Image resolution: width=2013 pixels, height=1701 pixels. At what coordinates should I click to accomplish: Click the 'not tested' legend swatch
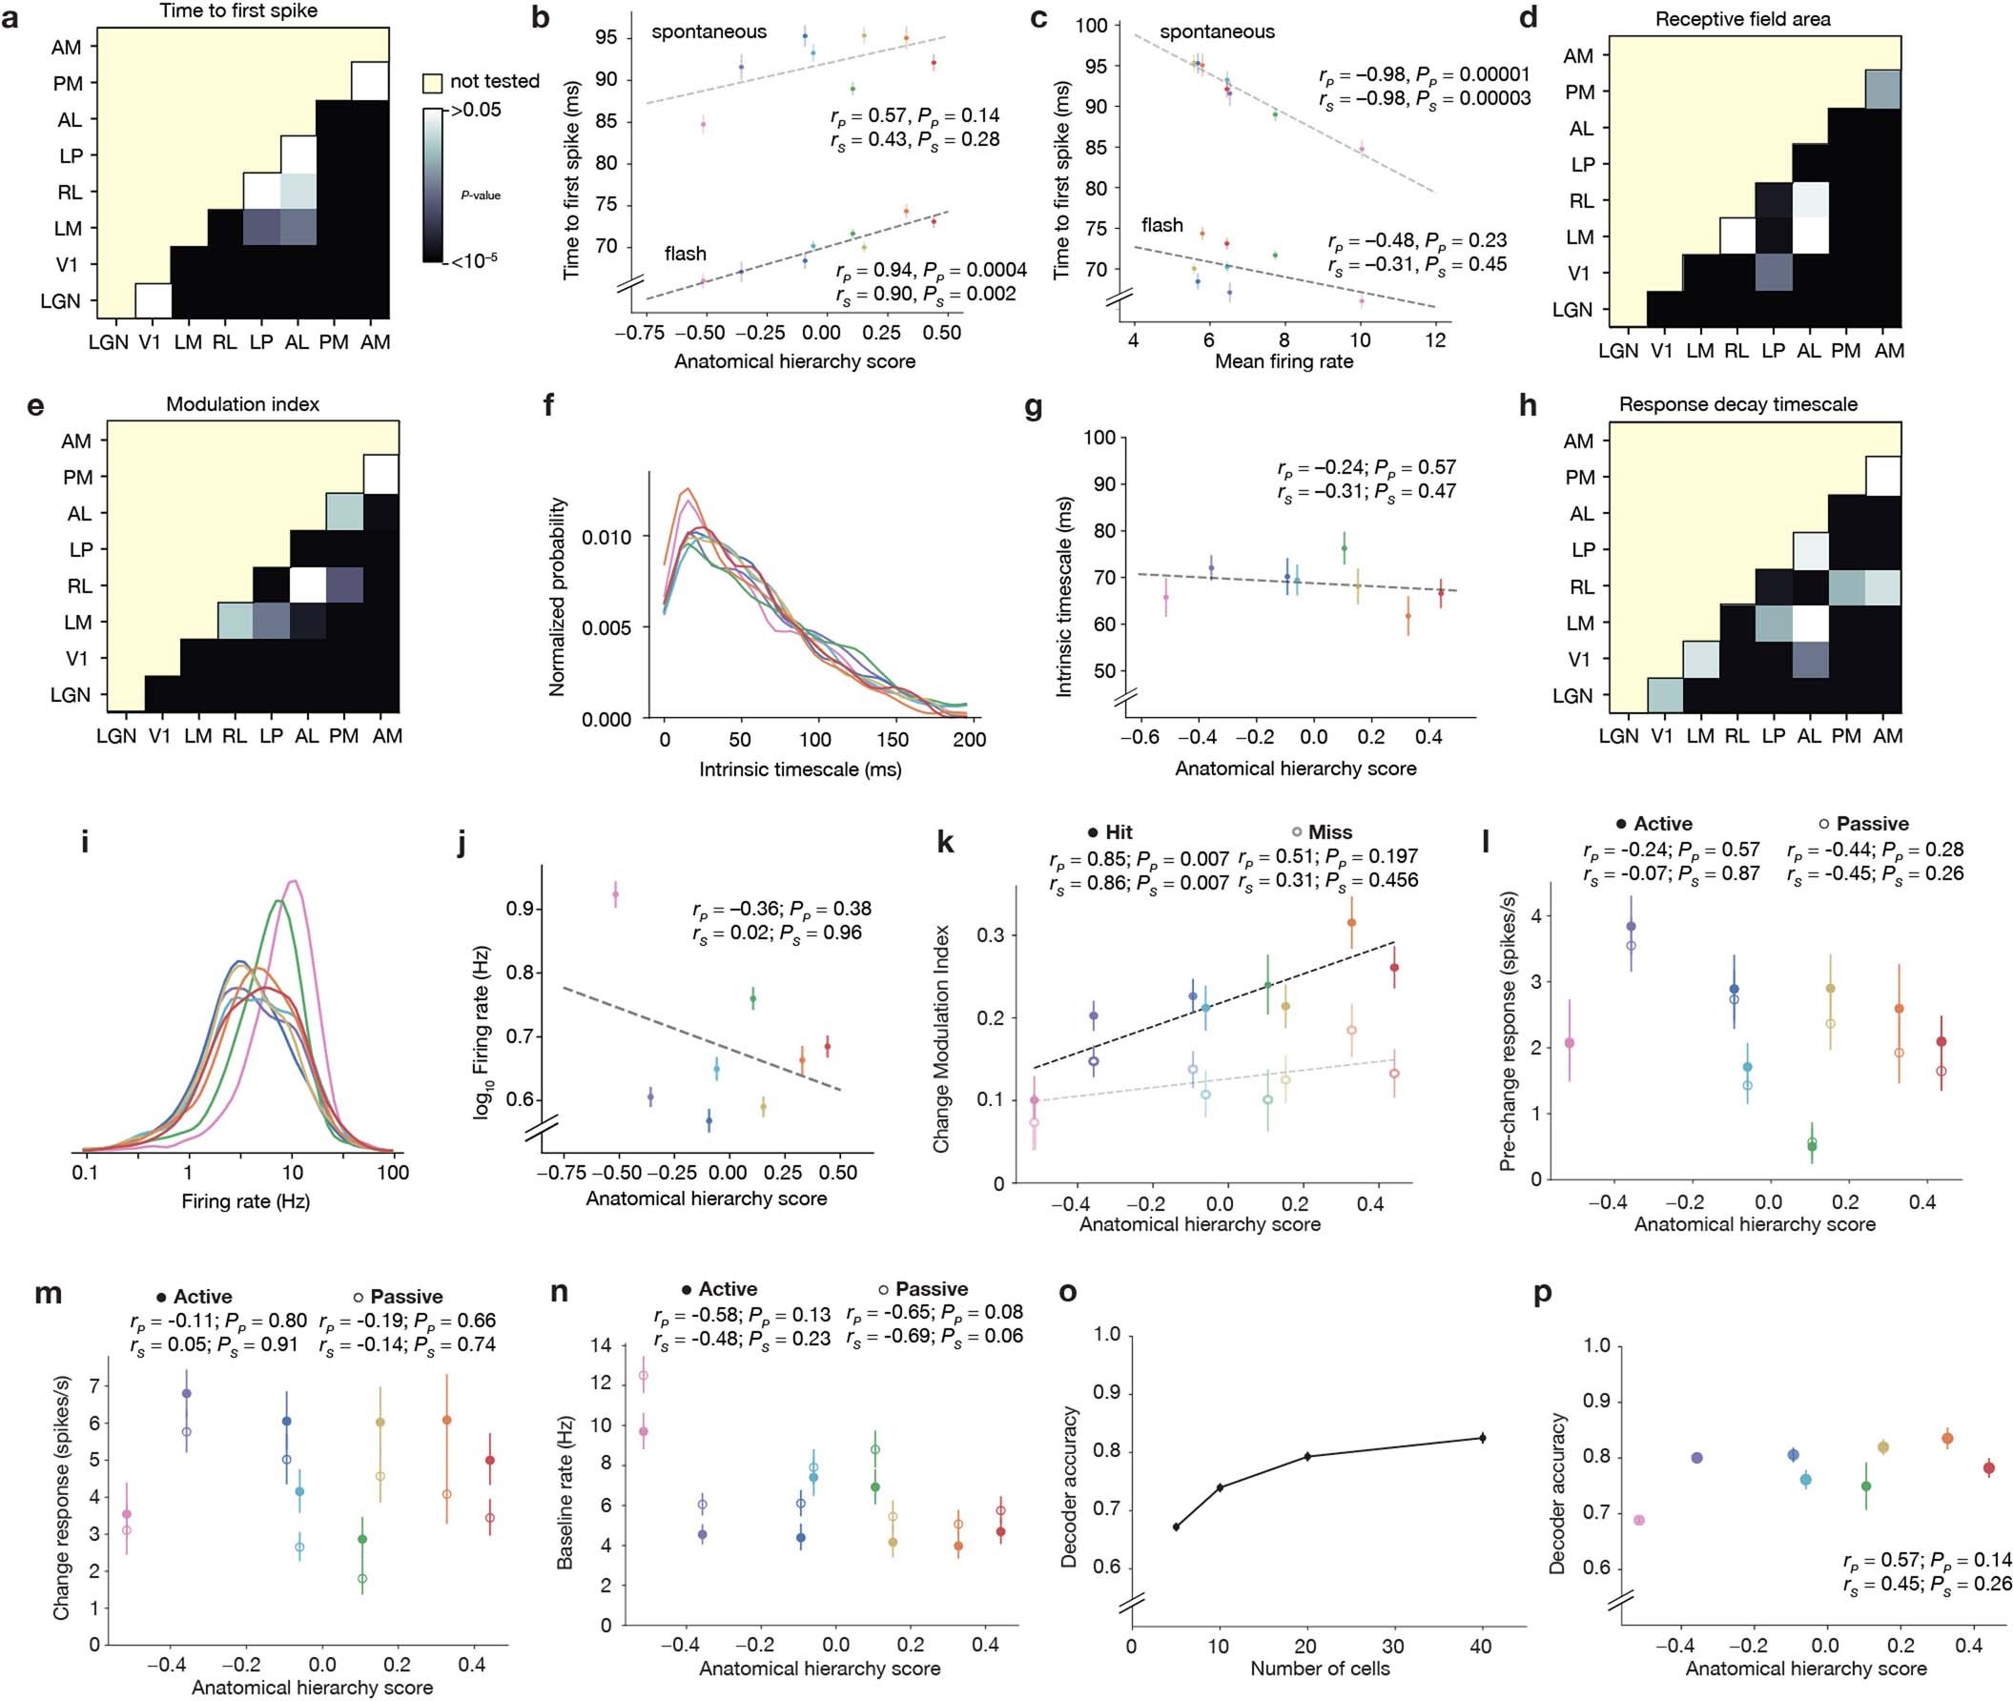click(x=433, y=82)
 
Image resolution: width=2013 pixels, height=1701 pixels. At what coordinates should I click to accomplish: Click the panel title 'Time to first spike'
click(x=238, y=11)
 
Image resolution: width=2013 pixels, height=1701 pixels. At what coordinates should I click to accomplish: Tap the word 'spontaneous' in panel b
click(x=709, y=31)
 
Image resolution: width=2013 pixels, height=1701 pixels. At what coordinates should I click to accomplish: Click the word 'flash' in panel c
click(x=1161, y=226)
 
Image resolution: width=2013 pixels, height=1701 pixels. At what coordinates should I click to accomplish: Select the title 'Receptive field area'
click(x=1742, y=19)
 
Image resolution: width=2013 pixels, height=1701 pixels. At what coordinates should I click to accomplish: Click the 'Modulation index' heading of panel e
click(x=242, y=404)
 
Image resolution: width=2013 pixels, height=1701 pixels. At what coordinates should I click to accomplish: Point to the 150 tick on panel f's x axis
click(x=893, y=740)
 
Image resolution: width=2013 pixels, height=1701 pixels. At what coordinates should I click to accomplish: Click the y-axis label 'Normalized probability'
click(x=557, y=597)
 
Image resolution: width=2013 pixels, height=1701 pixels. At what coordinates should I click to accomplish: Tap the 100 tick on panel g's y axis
click(x=1099, y=438)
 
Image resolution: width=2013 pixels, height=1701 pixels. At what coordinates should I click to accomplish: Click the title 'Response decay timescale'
click(x=1737, y=404)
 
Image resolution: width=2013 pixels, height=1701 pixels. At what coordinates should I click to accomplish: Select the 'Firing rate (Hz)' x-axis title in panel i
click(x=245, y=1201)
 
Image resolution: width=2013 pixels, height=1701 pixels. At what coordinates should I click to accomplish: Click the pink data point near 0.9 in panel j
click(x=615, y=895)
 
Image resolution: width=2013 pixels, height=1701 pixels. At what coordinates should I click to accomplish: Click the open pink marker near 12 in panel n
click(x=644, y=1376)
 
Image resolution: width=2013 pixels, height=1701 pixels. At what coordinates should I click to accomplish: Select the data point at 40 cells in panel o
click(x=1482, y=1438)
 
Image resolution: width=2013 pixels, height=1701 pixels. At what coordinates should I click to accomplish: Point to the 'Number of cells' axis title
click(x=1320, y=1669)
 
